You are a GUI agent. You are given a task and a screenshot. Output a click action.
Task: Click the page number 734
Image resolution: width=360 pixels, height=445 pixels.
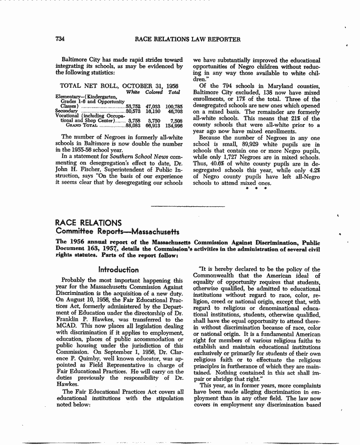[x=59, y=40]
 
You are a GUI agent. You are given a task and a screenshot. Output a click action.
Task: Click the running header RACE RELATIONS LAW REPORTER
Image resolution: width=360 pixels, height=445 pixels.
[x=188, y=40]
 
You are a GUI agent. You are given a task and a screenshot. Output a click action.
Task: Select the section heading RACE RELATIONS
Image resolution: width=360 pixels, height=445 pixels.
[x=88, y=222]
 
